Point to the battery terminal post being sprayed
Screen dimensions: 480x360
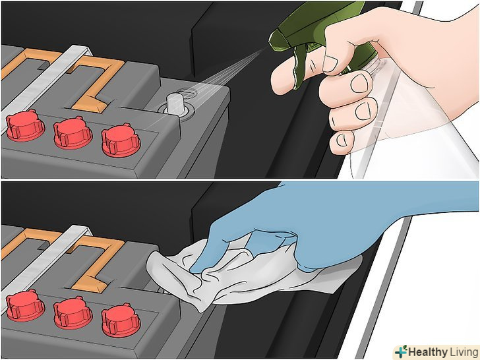click(175, 105)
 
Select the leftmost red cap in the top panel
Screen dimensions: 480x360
click(25, 125)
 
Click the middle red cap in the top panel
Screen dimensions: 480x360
click(73, 133)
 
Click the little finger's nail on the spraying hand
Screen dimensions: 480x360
click(342, 140)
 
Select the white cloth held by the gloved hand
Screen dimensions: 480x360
click(239, 276)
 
